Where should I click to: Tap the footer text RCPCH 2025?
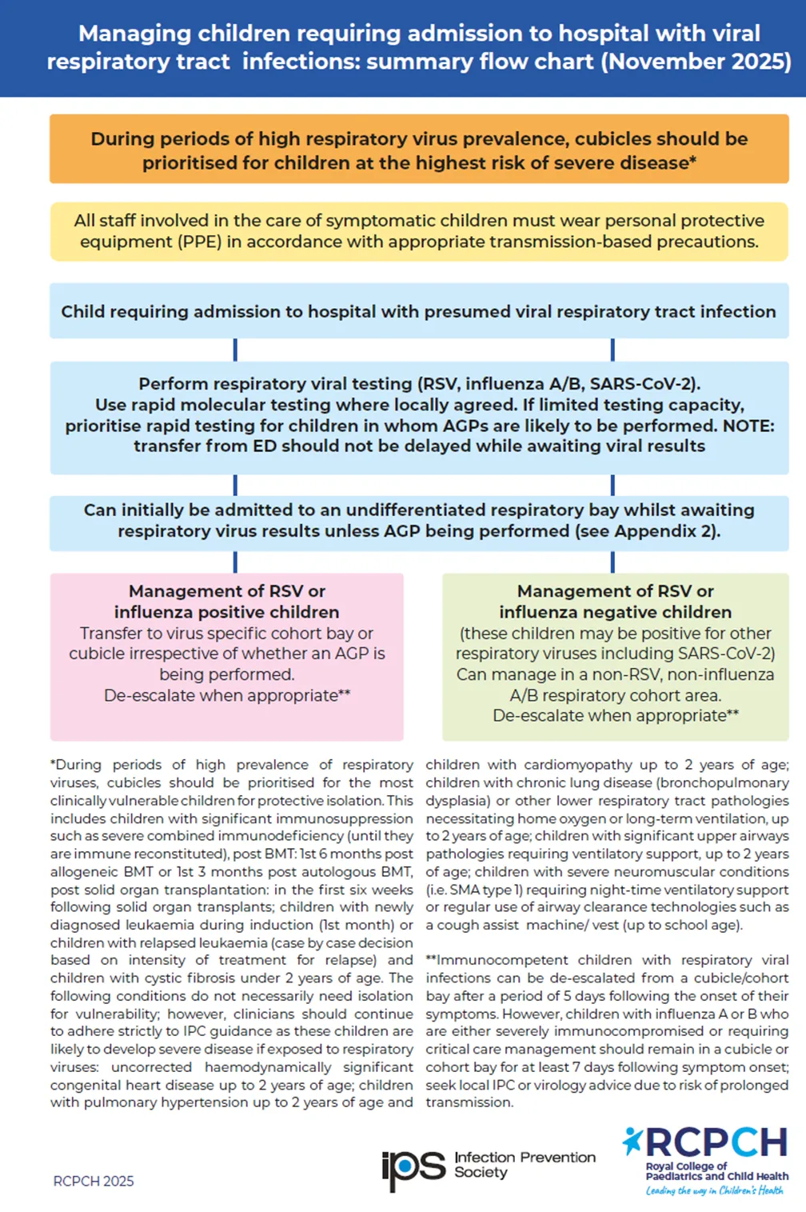point(94,1181)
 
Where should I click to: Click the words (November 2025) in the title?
point(696,62)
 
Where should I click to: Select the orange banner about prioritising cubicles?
point(419,150)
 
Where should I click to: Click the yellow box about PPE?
point(419,231)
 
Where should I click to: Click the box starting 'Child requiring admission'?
point(419,311)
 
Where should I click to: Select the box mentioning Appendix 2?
point(419,521)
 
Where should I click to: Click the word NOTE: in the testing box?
point(748,426)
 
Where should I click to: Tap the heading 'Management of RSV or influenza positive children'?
point(227,602)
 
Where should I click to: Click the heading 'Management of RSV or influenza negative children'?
point(616,602)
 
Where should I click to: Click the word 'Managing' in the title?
point(134,34)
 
